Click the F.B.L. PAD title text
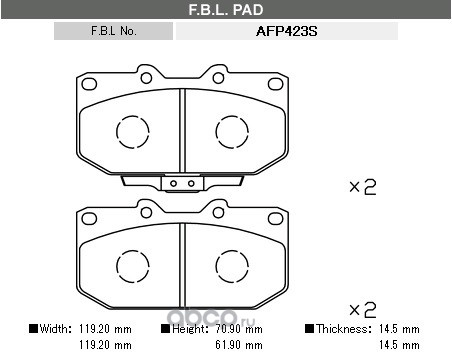click(x=226, y=10)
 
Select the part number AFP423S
click(x=286, y=31)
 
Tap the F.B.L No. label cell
click(x=113, y=31)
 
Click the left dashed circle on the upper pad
click(x=133, y=116)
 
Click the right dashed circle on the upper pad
click(x=232, y=116)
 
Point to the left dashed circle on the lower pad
click(x=133, y=250)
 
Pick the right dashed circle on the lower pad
click(x=232, y=250)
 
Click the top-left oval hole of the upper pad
click(x=89, y=84)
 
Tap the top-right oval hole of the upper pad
click(x=275, y=84)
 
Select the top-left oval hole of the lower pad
click(x=89, y=219)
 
